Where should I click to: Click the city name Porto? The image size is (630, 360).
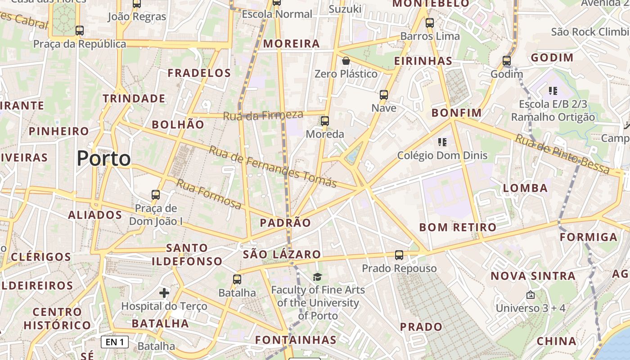(104, 158)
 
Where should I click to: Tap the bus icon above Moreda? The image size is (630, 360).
(325, 121)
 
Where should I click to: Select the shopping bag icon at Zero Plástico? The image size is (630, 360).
(346, 61)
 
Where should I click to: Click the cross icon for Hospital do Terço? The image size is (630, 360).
(164, 293)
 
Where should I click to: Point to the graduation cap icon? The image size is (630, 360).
(318, 277)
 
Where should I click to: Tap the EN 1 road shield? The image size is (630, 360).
(115, 342)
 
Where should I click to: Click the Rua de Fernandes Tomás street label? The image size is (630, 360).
(273, 166)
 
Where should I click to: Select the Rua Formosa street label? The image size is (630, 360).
(208, 194)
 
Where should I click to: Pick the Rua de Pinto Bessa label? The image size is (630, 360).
(562, 154)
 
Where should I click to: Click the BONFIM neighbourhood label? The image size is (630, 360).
(457, 113)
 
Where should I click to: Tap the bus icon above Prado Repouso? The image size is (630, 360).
(399, 255)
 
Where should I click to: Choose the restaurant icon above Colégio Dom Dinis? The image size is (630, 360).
(442, 142)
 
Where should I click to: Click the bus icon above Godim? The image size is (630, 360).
(507, 60)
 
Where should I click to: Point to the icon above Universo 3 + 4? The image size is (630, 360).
(531, 295)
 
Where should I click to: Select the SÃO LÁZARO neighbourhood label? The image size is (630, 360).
(282, 254)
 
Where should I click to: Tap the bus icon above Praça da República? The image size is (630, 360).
(80, 31)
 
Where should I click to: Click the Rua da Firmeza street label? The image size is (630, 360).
(263, 115)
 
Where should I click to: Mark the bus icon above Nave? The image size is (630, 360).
(384, 94)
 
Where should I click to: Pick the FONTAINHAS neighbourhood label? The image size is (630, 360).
(296, 340)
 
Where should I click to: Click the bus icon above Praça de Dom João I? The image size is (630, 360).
(156, 195)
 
